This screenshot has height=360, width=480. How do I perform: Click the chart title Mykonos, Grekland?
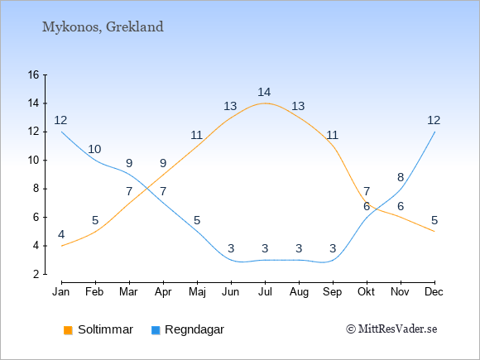click(x=103, y=27)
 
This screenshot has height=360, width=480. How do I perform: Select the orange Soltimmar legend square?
click(x=68, y=330)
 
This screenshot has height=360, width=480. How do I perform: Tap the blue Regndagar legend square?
click(x=156, y=330)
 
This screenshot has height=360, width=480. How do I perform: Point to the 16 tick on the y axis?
click(x=33, y=74)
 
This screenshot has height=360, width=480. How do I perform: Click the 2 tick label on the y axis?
click(x=36, y=274)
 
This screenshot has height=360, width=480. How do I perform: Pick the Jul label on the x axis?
click(x=265, y=292)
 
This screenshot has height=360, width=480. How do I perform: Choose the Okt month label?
click(x=366, y=292)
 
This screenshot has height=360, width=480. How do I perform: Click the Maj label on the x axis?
click(x=197, y=292)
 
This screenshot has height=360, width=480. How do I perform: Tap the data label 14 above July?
click(x=264, y=92)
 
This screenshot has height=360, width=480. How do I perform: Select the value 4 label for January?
click(x=61, y=234)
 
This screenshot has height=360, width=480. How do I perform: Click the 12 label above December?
click(x=434, y=120)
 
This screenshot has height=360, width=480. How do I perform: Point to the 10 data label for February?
click(x=94, y=149)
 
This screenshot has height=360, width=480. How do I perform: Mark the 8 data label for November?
click(x=401, y=177)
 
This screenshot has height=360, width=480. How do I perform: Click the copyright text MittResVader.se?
click(x=391, y=329)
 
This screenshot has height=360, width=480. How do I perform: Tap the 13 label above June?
click(x=230, y=106)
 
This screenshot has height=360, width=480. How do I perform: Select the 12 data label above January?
click(x=60, y=120)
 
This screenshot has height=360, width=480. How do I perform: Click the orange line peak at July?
click(x=265, y=103)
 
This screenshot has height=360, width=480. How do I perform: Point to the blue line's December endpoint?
click(x=434, y=132)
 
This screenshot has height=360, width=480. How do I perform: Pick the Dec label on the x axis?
click(x=434, y=292)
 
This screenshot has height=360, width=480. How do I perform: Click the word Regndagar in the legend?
click(x=194, y=330)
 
